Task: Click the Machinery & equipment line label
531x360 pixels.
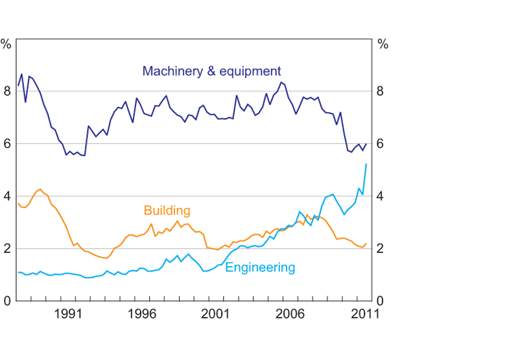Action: tap(211, 71)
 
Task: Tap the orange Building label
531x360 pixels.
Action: tap(167, 211)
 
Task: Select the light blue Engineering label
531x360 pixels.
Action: tap(260, 267)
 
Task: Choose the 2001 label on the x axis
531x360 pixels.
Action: tap(216, 313)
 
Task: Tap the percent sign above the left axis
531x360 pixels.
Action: tap(6, 45)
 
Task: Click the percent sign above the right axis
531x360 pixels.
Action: tap(383, 45)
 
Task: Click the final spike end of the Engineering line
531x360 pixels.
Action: tap(366, 164)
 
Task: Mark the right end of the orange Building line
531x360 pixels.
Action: tap(366, 244)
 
